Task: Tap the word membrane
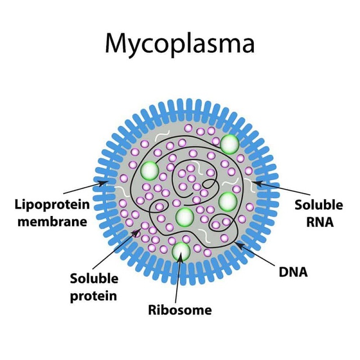(x=52, y=221)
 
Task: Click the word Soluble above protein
(x=94, y=278)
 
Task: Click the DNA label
(x=293, y=273)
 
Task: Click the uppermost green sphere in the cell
(x=229, y=144)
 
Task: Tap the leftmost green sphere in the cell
(x=150, y=170)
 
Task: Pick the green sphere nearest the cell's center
(x=184, y=216)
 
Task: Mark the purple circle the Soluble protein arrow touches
(x=137, y=231)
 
